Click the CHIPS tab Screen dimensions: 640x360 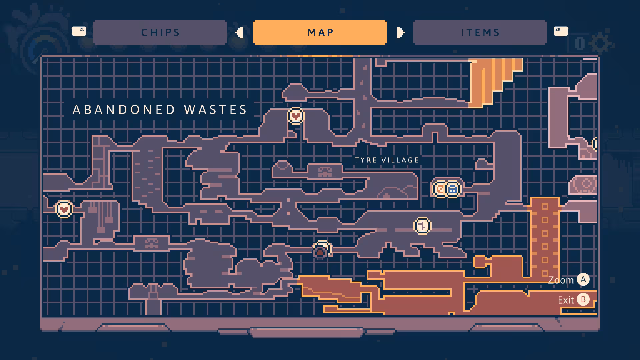pos(160,32)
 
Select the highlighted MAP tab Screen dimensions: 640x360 pos(320,32)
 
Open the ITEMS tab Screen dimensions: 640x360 pos(480,32)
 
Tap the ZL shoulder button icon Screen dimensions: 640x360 pos(79,31)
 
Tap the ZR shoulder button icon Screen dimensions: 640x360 pos(561,31)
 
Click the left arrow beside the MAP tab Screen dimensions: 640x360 pos(239,33)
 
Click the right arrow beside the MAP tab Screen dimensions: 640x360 pos(401,33)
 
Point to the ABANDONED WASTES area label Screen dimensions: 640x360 pos(160,110)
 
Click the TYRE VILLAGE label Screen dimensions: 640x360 pos(387,160)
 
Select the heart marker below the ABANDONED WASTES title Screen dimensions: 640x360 pos(64,209)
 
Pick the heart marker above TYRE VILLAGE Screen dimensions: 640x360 pos(296,116)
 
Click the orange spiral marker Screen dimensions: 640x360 pos(440,189)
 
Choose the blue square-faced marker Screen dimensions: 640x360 pos(452,189)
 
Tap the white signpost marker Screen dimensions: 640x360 pos(422,226)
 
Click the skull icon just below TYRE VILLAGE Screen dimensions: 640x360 pos(325,172)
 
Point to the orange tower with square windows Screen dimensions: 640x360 pos(545,237)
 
